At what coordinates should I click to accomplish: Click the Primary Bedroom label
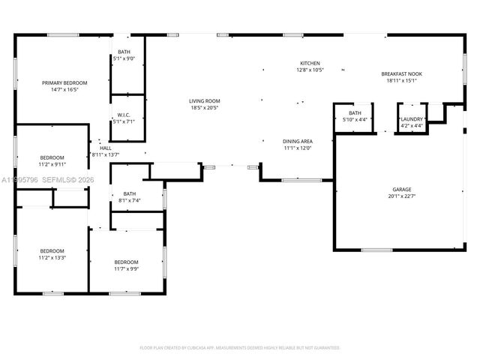tap(64, 82)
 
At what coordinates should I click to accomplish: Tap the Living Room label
tap(204, 100)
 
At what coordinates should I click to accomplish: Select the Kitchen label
tap(310, 63)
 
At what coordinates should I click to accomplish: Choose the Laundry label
tap(412, 118)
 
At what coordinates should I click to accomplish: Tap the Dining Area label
tap(298, 141)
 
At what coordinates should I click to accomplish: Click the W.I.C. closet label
tap(124, 115)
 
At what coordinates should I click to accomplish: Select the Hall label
tap(106, 148)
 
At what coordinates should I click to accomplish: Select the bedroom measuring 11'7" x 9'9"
tap(126, 262)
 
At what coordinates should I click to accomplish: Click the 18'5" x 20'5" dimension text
tap(204, 107)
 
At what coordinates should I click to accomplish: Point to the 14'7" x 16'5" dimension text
tap(64, 89)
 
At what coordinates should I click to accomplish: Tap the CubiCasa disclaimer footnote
tap(240, 347)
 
